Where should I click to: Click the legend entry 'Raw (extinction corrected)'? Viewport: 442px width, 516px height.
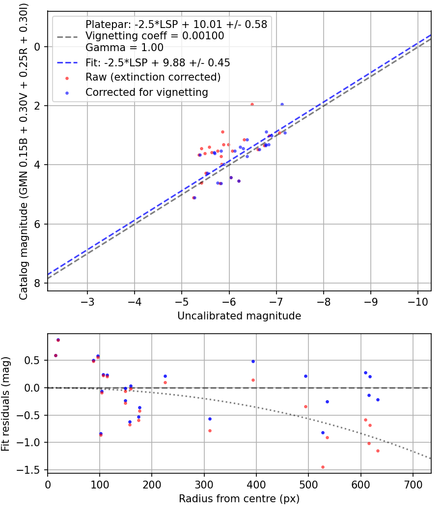point(153,77)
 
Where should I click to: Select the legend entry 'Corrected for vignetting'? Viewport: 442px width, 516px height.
point(146,92)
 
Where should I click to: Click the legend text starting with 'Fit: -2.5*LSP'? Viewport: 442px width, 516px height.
point(158,62)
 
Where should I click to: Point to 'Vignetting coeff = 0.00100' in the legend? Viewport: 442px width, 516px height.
point(155,36)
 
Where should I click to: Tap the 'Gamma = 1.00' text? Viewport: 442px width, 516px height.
point(124,48)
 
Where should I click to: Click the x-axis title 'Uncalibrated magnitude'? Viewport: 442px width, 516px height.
point(239,316)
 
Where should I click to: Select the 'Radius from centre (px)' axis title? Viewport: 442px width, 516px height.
point(239,499)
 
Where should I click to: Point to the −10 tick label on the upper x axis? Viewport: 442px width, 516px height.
point(417,301)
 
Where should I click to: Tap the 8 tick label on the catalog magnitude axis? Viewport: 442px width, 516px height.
point(36,283)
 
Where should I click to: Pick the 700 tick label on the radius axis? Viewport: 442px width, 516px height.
point(413,485)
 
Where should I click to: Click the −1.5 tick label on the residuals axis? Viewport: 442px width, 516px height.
point(30,470)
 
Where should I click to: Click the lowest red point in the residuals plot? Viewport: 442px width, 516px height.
point(323,467)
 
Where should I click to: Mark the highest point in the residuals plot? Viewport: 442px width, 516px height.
point(58,340)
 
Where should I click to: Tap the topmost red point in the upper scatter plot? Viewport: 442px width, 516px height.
point(252,104)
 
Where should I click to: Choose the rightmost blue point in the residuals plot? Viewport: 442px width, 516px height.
point(378,400)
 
